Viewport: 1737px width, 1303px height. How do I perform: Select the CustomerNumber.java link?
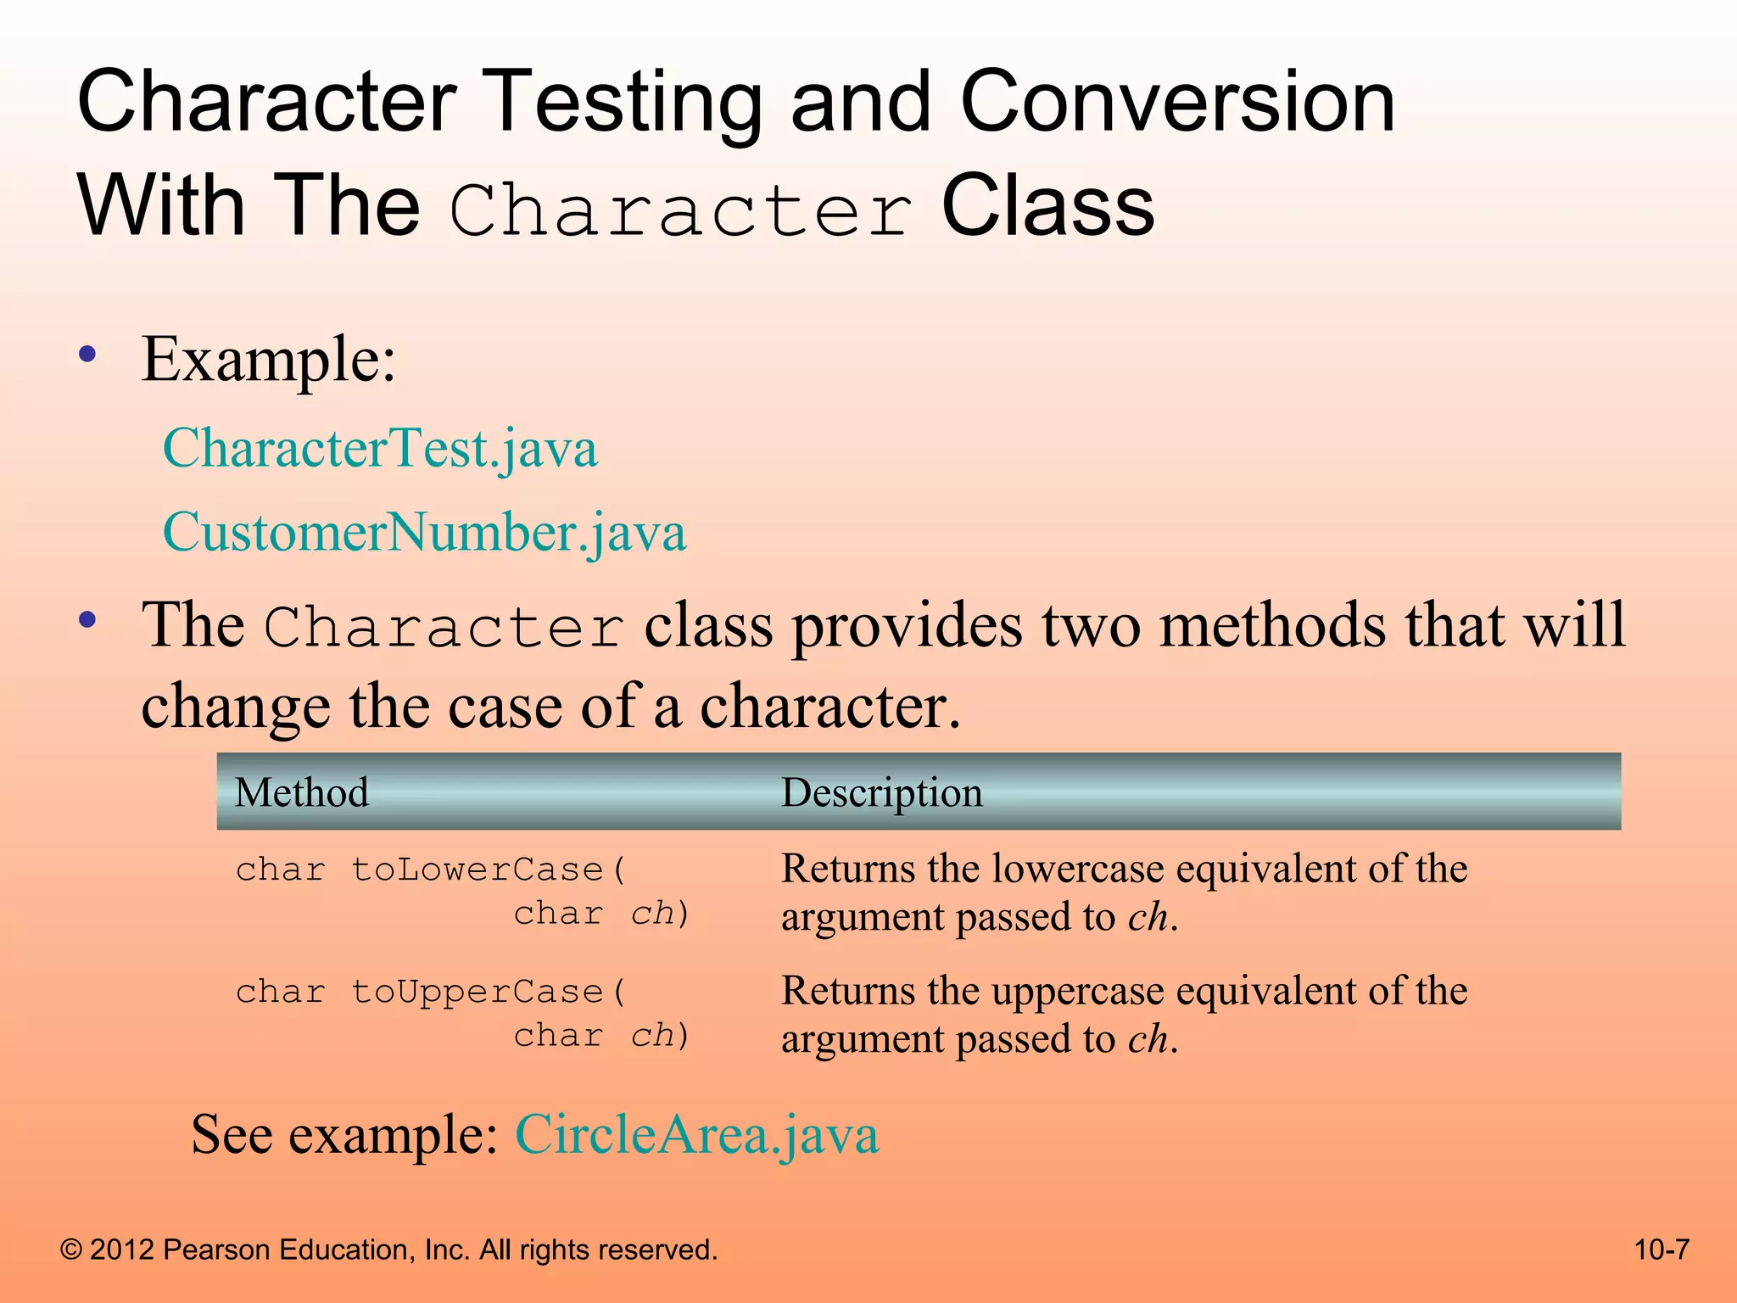[424, 533]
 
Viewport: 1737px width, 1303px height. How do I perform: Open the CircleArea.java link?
[697, 1134]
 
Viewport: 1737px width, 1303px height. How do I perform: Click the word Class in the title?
[1047, 206]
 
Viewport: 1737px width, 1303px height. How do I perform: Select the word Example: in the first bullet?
[268, 360]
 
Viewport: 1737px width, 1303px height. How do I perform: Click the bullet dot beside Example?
[87, 354]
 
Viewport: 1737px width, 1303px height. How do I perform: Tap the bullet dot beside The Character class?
[87, 620]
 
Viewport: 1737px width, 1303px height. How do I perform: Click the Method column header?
[301, 792]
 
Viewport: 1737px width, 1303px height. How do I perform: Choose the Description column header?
[881, 792]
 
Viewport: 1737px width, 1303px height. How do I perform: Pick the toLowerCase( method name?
[489, 870]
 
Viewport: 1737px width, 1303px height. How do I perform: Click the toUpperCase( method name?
[489, 992]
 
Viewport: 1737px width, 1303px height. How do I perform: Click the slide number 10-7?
[1662, 1250]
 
